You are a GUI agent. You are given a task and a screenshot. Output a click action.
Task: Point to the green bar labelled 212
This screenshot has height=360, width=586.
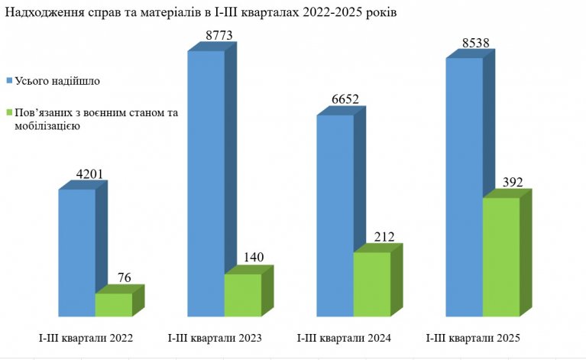[372, 284]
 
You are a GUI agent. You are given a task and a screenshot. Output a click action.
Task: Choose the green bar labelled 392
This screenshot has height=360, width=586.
[500, 257]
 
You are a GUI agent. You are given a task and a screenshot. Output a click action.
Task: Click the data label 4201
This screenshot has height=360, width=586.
[76, 173]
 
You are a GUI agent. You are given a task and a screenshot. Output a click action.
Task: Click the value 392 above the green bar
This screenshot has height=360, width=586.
[507, 183]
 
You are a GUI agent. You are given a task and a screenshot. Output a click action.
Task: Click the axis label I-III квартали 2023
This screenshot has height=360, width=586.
[214, 337]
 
